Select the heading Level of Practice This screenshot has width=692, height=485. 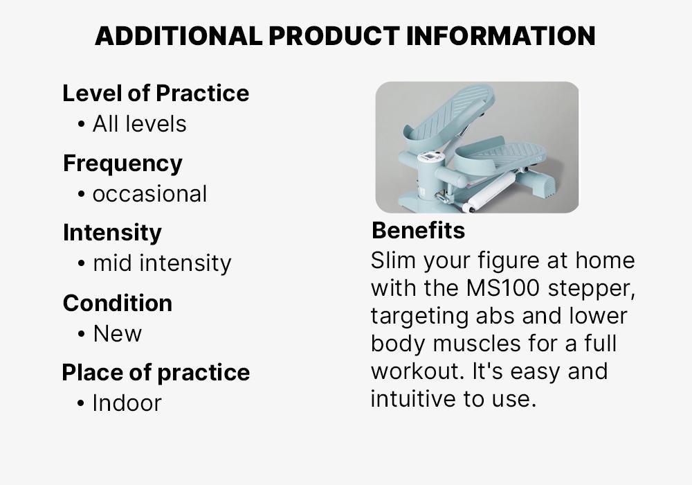tap(156, 93)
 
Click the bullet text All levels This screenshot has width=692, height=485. tap(139, 124)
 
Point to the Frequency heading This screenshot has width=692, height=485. tap(122, 163)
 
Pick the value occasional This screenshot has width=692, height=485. tap(149, 194)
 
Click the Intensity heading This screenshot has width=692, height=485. tap(112, 232)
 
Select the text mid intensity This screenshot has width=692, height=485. tap(162, 263)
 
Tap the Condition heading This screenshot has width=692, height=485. tap(118, 303)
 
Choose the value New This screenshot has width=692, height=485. tap(118, 333)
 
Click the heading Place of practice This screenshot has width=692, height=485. tap(156, 372)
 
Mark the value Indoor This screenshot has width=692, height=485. tap(127, 403)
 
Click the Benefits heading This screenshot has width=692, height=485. tap(418, 230)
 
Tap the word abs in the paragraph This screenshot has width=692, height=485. tap(495, 316)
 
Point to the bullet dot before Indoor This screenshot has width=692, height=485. tap(82, 403)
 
